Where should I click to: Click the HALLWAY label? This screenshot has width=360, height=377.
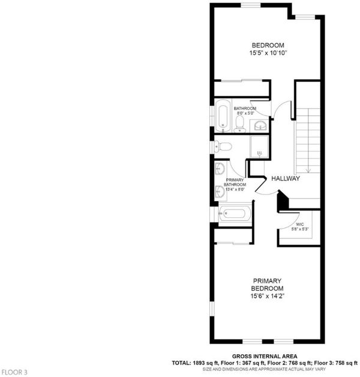coord(286,178)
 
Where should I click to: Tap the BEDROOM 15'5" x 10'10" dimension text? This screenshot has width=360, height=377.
coord(268,53)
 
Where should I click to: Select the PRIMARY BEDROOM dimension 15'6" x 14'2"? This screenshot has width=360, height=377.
coord(267,296)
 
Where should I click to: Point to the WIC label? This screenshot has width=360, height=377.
coord(300,225)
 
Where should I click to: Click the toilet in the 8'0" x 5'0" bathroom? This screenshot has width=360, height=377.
coord(239,124)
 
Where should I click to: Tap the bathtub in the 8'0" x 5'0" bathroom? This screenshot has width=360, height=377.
coord(223,116)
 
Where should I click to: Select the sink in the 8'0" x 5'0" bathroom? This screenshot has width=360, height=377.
coord(260,126)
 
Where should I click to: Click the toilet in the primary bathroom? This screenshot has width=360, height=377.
coord(223,146)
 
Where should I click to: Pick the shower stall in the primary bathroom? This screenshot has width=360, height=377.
coord(259,146)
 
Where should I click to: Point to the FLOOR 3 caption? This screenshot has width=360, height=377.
coord(14,372)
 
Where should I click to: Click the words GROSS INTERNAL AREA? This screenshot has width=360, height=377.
coord(265,357)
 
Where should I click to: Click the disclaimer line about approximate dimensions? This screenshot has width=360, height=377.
coord(264,369)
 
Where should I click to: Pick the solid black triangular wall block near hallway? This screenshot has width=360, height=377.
coord(283,201)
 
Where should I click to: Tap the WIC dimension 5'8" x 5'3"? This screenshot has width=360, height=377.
coord(299,229)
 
